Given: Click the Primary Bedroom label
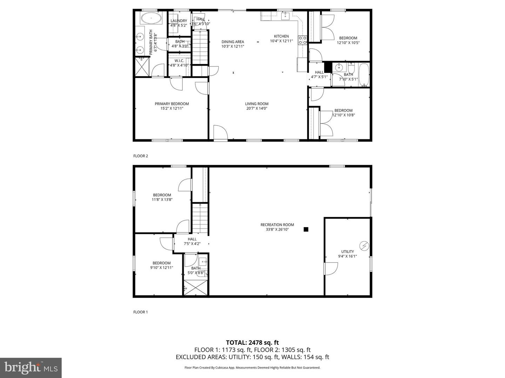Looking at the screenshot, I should click(x=172, y=104).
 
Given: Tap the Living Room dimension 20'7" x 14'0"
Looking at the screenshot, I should click(x=257, y=108).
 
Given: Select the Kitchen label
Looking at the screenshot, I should click(x=281, y=36).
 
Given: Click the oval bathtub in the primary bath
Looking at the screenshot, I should click(x=151, y=18).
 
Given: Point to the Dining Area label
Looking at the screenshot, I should click(x=233, y=42).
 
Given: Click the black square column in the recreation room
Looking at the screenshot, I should click(x=306, y=230).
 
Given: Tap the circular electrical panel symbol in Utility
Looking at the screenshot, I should click(x=364, y=246).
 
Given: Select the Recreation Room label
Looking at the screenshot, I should click(x=277, y=225).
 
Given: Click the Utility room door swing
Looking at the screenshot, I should click(x=330, y=269).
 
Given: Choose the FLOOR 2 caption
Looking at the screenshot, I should click(x=141, y=156).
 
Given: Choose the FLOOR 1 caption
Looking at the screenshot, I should click(x=141, y=312).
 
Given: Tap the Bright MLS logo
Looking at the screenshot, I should click(x=31, y=367).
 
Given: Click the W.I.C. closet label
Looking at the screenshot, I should click(x=179, y=61).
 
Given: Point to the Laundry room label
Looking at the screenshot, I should click(x=179, y=21).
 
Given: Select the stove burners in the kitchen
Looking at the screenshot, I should click(x=302, y=40).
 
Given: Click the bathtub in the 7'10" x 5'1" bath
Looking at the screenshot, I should click(x=364, y=75).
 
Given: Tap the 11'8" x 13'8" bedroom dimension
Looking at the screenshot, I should click(x=162, y=200).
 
